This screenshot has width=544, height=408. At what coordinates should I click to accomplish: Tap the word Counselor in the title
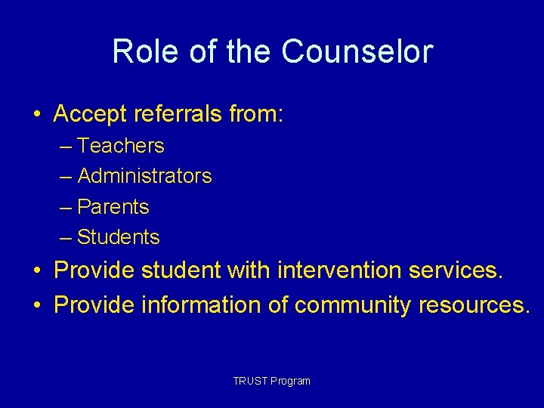tap(357, 52)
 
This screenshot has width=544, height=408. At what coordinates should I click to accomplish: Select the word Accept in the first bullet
tap(90, 114)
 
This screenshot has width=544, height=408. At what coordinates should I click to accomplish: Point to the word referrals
tap(175, 114)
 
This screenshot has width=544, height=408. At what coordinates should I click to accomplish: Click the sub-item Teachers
tap(121, 145)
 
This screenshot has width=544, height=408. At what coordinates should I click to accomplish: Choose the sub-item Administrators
tap(144, 176)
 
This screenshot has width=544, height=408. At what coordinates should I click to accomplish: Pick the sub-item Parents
tap(113, 206)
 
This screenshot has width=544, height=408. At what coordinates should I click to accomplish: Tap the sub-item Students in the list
tap(119, 237)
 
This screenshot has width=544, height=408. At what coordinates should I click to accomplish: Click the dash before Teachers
tap(66, 146)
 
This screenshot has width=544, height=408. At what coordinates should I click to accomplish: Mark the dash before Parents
tap(66, 207)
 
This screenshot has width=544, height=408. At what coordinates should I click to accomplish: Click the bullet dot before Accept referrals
tap(37, 115)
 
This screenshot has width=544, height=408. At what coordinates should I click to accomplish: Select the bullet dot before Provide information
tap(37, 305)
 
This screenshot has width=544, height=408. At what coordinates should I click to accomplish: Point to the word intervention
tap(340, 270)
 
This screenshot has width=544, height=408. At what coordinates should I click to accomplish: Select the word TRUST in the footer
tap(248, 381)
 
